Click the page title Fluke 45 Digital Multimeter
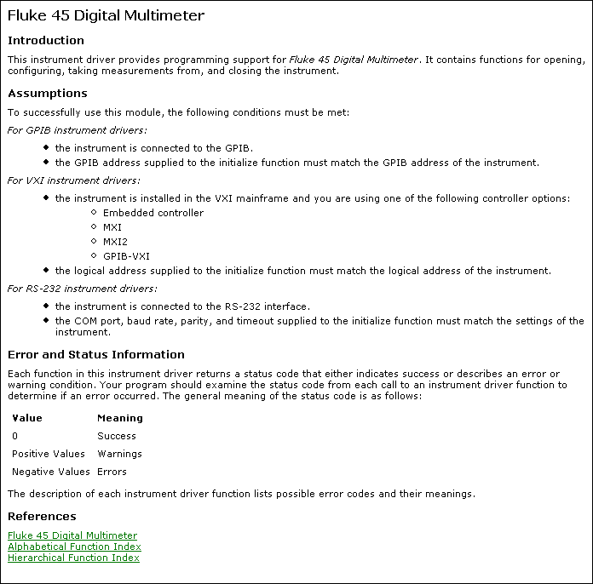pyautogui.click(x=106, y=16)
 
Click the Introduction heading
pyautogui.click(x=46, y=40)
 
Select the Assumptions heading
pyautogui.click(x=48, y=94)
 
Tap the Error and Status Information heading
pyautogui.click(x=96, y=354)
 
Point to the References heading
pyautogui.click(x=42, y=516)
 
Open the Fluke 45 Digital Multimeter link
pyautogui.click(x=72, y=535)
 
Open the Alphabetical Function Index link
pyautogui.click(x=74, y=547)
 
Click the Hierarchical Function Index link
pyautogui.click(x=73, y=558)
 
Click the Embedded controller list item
pyautogui.click(x=153, y=213)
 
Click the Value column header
pyautogui.click(x=27, y=418)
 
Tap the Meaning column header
pyautogui.click(x=120, y=418)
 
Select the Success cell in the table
pyautogui.click(x=117, y=436)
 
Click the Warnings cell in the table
pyautogui.click(x=119, y=454)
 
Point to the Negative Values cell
pyautogui.click(x=51, y=472)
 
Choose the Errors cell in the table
pyautogui.click(x=112, y=472)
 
